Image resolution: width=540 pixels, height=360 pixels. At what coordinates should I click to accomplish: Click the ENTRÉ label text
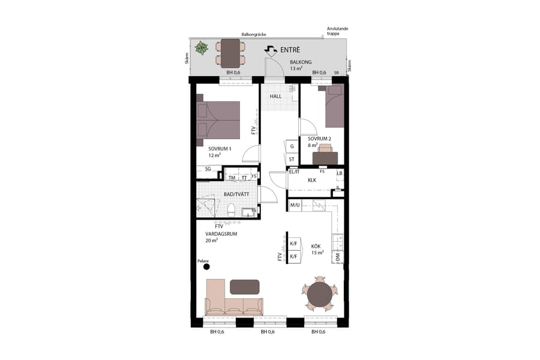coord(290,50)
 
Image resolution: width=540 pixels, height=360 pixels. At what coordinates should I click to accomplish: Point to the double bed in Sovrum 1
coord(218,119)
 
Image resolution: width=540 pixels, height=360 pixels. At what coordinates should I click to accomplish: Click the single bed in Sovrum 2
coord(334,106)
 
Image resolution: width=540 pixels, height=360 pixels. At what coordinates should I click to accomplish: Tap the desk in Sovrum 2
coord(325,158)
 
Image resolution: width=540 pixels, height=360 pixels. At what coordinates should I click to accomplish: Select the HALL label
coord(275,96)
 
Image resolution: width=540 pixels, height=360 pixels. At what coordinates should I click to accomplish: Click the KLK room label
coord(312,180)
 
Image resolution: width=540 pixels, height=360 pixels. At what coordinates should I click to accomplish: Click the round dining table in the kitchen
coord(319,294)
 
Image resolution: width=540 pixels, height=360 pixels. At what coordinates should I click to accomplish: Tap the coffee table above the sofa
coord(245,287)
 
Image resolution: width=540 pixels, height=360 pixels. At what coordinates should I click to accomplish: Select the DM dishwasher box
coord(338,257)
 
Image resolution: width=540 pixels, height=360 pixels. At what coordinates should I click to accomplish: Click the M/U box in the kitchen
coord(295,206)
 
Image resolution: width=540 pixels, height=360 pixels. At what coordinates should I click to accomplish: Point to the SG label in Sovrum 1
coord(208,169)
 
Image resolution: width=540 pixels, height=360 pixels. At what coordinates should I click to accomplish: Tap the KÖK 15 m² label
coord(317,249)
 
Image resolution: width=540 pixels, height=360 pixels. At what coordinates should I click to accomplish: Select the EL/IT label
coord(295,172)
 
